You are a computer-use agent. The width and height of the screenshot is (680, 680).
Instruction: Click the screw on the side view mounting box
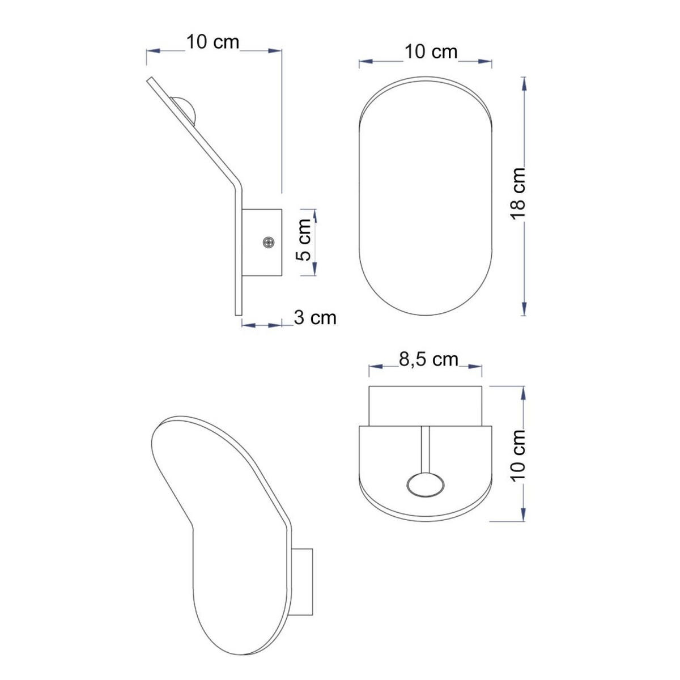[x=269, y=242]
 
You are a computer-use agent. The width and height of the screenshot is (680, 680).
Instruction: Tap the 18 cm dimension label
[x=518, y=194]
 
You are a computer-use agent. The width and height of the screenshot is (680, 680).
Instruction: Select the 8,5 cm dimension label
[x=428, y=360]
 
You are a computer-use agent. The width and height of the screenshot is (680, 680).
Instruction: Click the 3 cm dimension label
[x=314, y=317]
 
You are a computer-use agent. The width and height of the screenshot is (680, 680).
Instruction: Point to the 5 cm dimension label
[x=303, y=240]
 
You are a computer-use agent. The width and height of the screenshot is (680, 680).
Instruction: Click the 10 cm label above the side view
[x=212, y=42]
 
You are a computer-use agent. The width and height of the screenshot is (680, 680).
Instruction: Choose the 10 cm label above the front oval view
[x=431, y=52]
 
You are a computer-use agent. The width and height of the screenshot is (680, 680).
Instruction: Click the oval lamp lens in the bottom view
[x=425, y=486]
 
